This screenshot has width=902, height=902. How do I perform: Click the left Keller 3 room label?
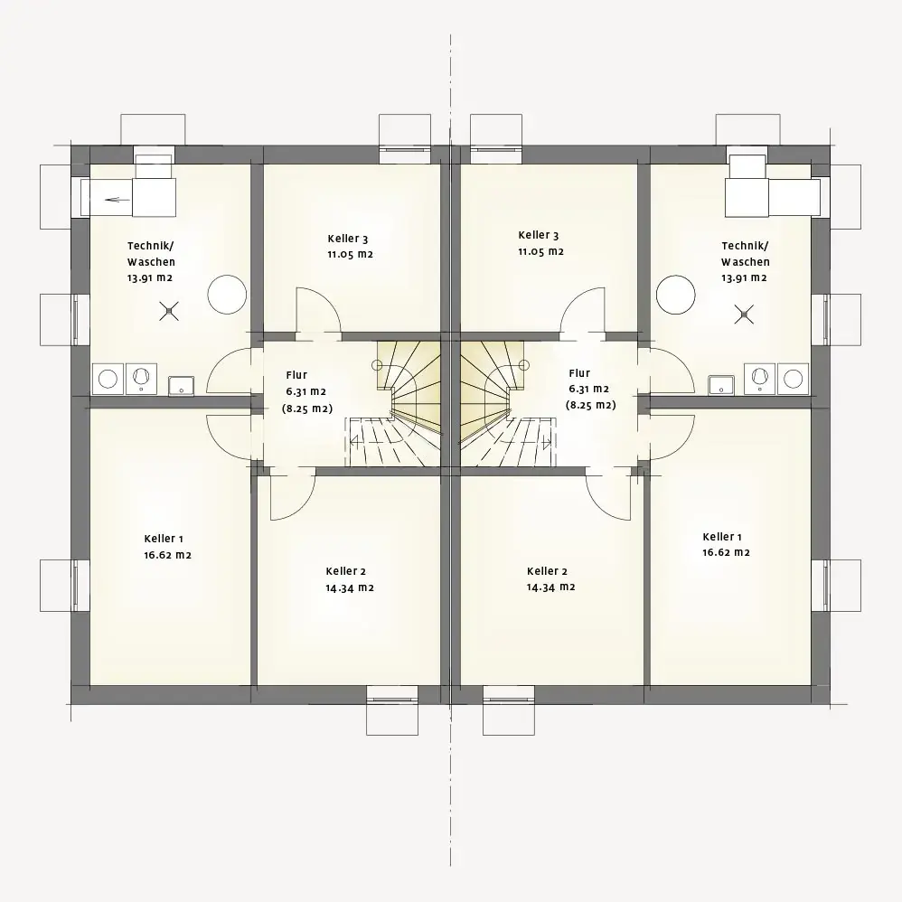[347, 239]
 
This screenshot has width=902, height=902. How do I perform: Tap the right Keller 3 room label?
[538, 235]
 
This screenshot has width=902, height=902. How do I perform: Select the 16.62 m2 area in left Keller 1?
[167, 555]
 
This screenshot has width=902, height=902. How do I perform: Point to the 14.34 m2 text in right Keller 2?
[550, 587]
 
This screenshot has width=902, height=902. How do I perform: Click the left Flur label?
[296, 375]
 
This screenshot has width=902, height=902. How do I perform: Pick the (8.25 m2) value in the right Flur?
[590, 405]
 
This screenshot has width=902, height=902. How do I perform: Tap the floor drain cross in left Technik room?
[169, 311]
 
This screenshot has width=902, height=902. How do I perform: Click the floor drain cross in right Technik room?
[744, 315]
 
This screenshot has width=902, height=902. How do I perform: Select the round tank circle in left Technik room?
[227, 295]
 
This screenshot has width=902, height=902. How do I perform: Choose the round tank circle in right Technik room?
[676, 295]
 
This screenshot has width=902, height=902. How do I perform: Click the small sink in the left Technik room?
[181, 386]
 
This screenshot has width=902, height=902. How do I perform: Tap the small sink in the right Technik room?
[721, 385]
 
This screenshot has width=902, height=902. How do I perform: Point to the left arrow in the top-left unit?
[117, 200]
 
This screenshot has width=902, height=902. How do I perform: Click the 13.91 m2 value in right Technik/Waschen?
[744, 277]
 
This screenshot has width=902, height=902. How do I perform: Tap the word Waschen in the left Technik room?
[151, 262]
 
